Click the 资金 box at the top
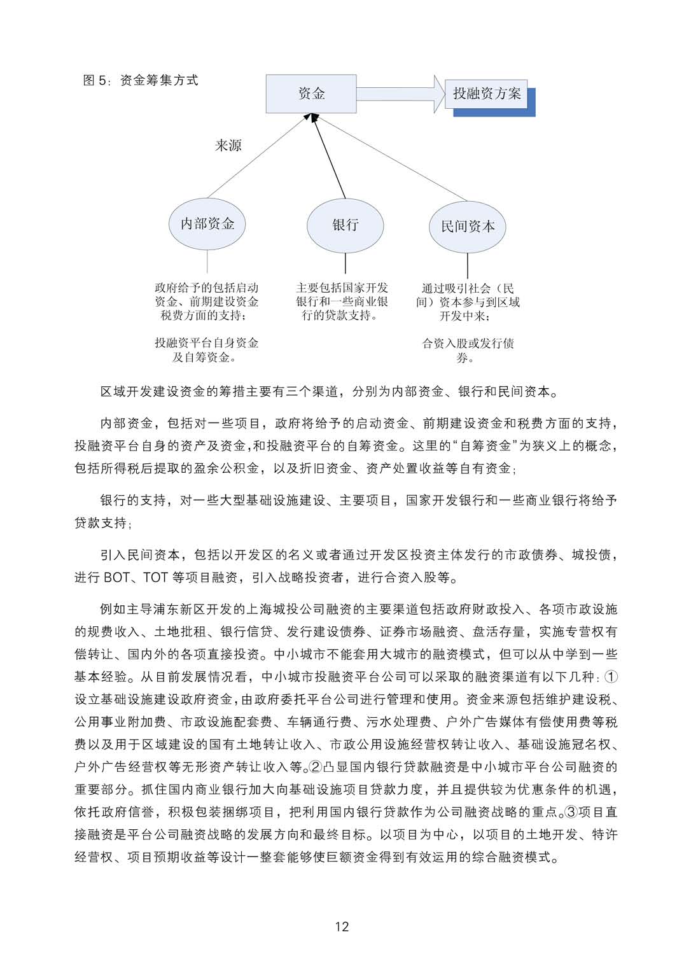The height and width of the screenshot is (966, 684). [x=311, y=94]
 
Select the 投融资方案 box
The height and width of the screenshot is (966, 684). [x=487, y=94]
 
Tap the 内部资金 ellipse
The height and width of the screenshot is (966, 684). [x=207, y=224]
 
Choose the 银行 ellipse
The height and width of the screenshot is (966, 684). [x=345, y=225]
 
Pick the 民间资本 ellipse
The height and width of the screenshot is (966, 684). [x=468, y=227]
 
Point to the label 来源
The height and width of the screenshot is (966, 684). [x=228, y=146]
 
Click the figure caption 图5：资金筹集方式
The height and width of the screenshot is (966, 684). [x=141, y=80]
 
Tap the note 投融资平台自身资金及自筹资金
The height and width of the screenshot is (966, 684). [x=206, y=350]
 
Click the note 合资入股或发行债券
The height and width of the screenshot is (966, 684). [x=468, y=351]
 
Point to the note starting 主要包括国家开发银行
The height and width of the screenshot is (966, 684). [x=342, y=302]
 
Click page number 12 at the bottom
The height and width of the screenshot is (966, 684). [x=342, y=927]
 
